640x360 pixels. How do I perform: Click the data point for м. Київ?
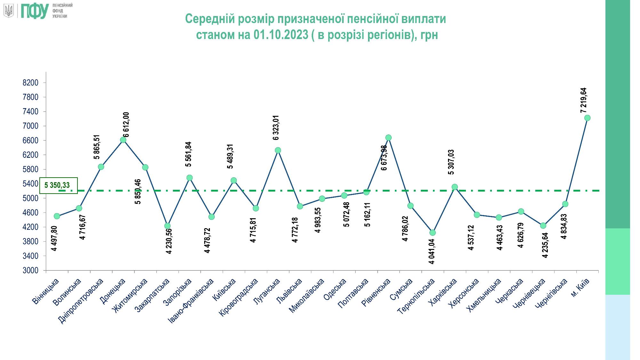pos(587,118)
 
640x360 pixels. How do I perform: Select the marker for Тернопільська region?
pos(432,233)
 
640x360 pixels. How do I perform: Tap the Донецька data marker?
pos(123,140)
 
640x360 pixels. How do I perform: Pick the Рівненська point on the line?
pos(388,138)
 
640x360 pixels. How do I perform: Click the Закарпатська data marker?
pos(167,226)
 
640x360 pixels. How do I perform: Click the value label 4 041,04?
pos(432,252)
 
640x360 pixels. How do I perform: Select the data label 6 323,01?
pos(276,128)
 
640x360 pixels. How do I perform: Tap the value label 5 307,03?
pos(451,162)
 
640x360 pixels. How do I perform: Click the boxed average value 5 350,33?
pos(57,185)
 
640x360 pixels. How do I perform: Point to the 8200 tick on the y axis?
pos(30,83)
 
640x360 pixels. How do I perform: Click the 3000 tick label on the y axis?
pos(30,270)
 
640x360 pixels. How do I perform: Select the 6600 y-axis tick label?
pos(30,140)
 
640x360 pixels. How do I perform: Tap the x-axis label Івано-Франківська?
pos(191,300)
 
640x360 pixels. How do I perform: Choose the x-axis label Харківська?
pos(444,292)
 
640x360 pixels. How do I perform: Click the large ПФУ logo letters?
pos(35,11)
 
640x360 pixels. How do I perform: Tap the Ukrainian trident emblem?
pos(9,11)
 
